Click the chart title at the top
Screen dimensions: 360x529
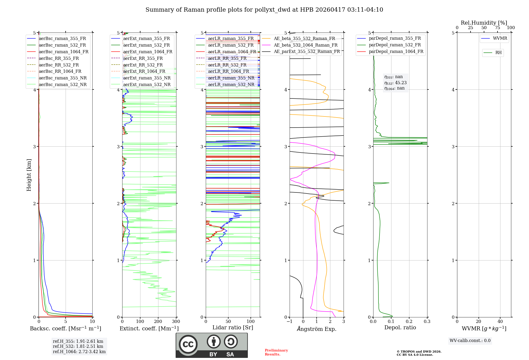(x=264, y=10)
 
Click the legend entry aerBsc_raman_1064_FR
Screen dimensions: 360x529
(x=63, y=52)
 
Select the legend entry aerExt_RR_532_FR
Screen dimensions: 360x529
(x=143, y=65)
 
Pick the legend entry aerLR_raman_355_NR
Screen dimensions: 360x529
(x=231, y=78)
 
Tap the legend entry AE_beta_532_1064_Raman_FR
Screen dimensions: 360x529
(x=305, y=45)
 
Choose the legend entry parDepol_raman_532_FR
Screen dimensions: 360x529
(x=395, y=45)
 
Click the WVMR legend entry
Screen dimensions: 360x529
(x=500, y=38)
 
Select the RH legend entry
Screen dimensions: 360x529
(x=498, y=53)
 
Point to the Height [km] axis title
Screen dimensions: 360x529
(x=29, y=175)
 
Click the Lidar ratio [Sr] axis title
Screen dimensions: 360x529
(x=233, y=327)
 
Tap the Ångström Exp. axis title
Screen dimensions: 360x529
(x=317, y=329)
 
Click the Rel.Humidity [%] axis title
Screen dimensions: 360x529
(x=484, y=23)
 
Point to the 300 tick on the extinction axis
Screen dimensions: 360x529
(x=176, y=322)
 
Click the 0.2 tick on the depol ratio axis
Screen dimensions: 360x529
(x=409, y=322)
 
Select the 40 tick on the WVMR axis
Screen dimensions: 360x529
(x=500, y=322)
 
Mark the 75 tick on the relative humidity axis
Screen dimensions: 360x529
(x=498, y=28)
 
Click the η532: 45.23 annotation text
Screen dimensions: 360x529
(x=395, y=83)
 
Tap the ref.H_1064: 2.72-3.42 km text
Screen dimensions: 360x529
(x=79, y=352)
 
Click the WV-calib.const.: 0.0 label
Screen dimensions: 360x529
(x=470, y=341)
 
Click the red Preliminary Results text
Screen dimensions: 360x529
(x=276, y=352)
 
